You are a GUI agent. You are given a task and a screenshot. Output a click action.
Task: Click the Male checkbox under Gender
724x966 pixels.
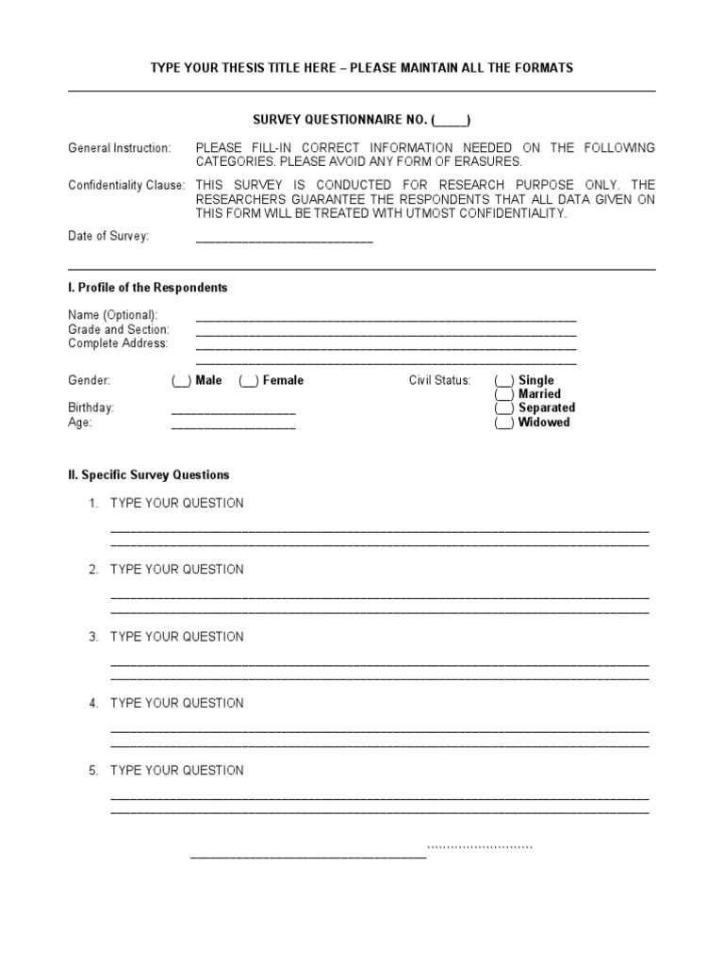coord(181,380)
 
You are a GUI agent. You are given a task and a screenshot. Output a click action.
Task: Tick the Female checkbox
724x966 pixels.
coord(249,380)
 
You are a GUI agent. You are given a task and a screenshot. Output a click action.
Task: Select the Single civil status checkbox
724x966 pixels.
coord(504,380)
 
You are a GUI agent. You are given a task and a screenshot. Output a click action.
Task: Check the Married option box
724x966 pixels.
coord(504,394)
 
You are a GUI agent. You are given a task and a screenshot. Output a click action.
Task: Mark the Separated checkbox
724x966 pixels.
coord(504,408)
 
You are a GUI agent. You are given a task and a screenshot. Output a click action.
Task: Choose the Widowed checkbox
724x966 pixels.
coord(504,423)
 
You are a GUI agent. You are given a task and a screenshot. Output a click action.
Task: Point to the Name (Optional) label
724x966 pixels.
coord(113,315)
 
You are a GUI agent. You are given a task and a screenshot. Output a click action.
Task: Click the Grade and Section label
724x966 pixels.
coord(119,329)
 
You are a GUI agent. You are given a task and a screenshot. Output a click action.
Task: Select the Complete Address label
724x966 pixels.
coord(118,343)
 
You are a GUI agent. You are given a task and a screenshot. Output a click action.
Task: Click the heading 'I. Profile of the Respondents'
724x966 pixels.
coord(147,288)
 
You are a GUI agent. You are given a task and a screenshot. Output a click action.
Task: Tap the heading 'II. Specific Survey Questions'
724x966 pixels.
coord(148,475)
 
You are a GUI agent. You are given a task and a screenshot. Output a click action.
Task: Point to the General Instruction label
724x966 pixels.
coord(120,148)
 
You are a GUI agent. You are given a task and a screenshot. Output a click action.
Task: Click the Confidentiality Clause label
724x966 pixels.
coord(126,185)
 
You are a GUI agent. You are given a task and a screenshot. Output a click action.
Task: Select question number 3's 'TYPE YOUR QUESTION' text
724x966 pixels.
coord(176,637)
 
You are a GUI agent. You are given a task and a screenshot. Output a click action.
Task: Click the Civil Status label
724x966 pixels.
coord(439,380)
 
